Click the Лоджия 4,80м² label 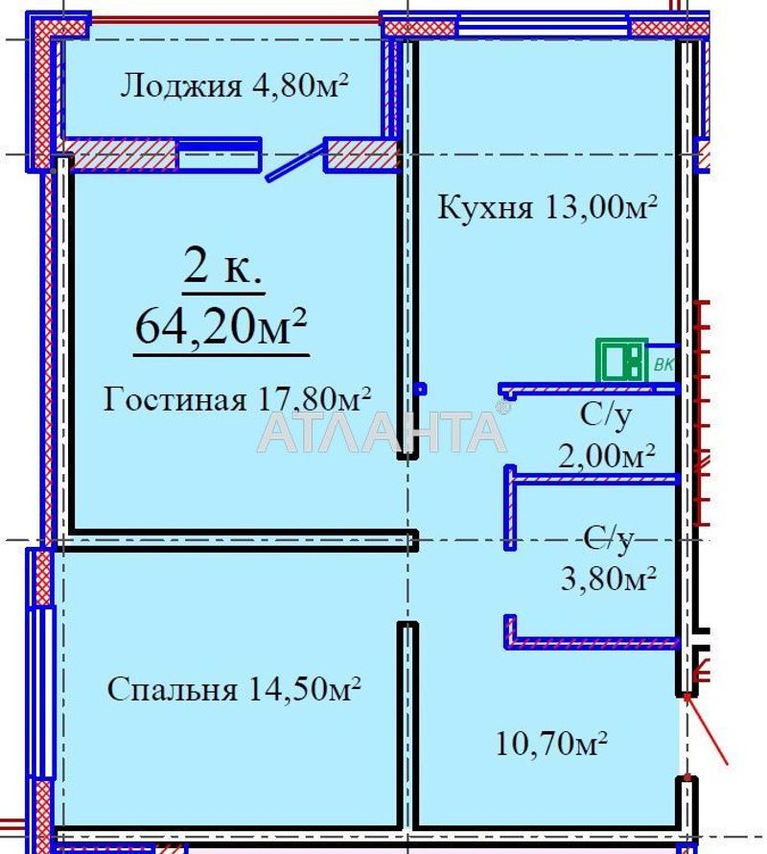pyautogui.click(x=233, y=86)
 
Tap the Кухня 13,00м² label pyautogui.click(x=546, y=206)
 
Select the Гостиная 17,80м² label pyautogui.click(x=237, y=397)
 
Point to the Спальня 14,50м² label pyautogui.click(x=234, y=689)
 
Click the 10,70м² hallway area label pyautogui.click(x=553, y=742)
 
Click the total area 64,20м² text pyautogui.click(x=221, y=326)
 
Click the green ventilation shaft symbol pyautogui.click(x=621, y=361)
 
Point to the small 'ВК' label pyautogui.click(x=663, y=365)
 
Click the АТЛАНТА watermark pyautogui.click(x=382, y=432)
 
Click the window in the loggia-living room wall pyautogui.click(x=219, y=154)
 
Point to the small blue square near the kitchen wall pyautogui.click(x=420, y=390)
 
